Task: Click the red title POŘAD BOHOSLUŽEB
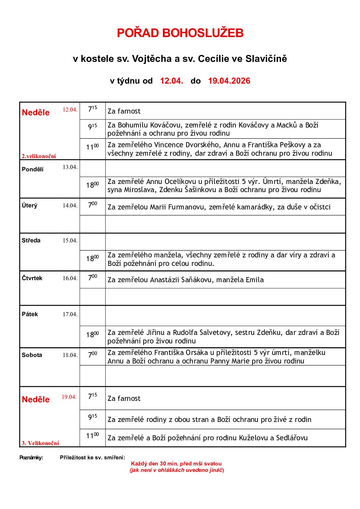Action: coord(180,33)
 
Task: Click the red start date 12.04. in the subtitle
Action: coord(171,81)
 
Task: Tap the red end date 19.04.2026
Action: coord(229,81)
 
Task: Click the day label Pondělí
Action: coord(33,169)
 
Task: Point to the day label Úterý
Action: coord(30,206)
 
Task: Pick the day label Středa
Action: coord(31,240)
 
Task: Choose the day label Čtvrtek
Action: coord(32,278)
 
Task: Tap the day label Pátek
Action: coord(30,314)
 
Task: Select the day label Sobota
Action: coord(32,355)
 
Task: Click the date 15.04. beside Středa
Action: coord(70,240)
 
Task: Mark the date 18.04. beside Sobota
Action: coord(70,355)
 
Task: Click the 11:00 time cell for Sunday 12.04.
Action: coord(92,147)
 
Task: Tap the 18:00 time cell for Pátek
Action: coord(92,335)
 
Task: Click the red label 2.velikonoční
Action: coord(39,156)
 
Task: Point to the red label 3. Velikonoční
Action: coord(40,443)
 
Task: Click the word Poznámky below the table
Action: coord(31,458)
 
